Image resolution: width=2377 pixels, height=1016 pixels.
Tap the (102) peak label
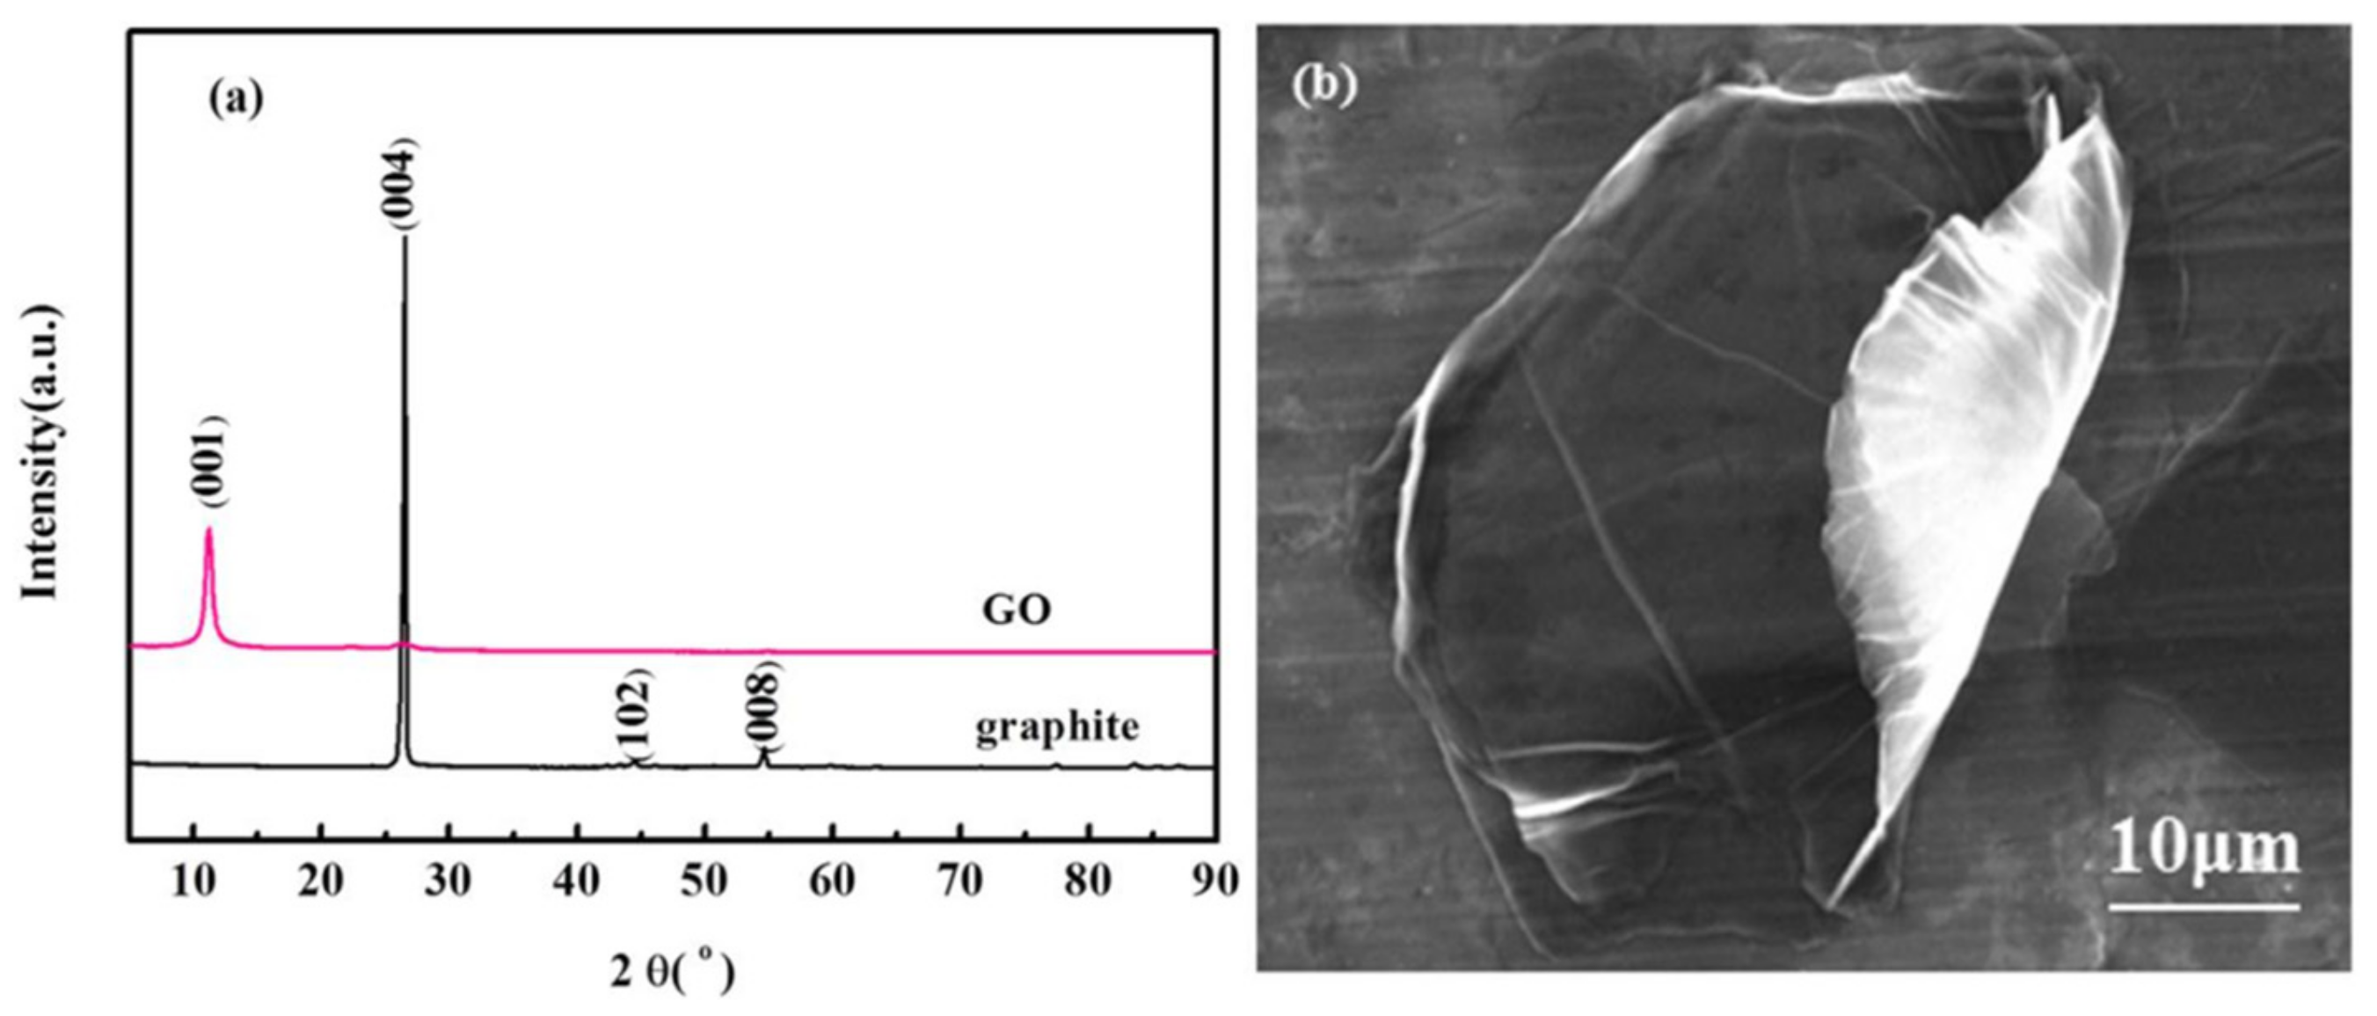tap(635, 714)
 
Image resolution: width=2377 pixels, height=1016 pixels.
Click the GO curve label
tap(1016, 610)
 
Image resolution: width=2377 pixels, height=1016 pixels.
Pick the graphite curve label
tap(1057, 727)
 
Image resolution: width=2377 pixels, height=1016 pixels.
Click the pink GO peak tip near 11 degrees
tap(209, 529)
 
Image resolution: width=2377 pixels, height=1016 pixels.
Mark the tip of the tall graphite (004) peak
tap(405, 238)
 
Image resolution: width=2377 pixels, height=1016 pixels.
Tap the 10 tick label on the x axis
tap(193, 881)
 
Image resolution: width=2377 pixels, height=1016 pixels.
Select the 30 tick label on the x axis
tap(448, 881)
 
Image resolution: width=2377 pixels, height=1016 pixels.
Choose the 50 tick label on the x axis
tap(704, 881)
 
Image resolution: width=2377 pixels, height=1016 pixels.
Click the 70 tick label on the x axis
tap(960, 881)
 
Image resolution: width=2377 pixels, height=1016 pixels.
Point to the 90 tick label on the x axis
tap(1214, 881)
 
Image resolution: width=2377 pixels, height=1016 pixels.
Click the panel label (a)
tap(237, 98)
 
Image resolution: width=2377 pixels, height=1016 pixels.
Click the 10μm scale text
tap(2204, 850)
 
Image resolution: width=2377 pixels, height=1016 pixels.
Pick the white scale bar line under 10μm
tap(2204, 907)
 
